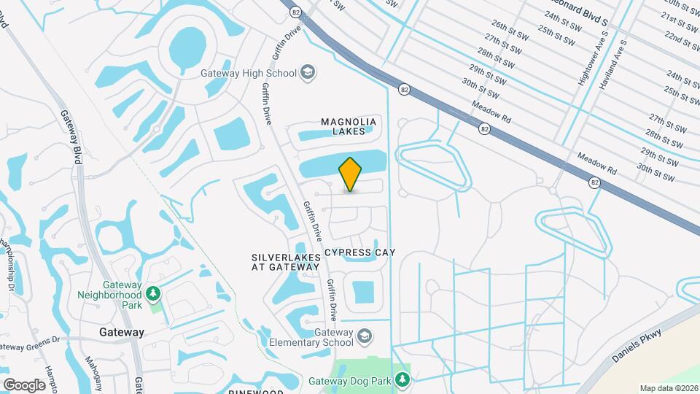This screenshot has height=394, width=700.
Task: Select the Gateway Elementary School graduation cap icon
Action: click(365, 336)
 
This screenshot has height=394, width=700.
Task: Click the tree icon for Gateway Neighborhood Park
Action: click(153, 294)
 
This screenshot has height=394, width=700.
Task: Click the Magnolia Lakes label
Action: click(349, 126)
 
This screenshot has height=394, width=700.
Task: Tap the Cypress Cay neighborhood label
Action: click(359, 252)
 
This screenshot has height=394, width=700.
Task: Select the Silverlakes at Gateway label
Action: click(286, 262)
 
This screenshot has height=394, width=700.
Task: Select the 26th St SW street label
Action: click(509, 29)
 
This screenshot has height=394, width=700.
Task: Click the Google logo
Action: click(24, 385)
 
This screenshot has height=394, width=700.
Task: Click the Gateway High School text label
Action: click(249, 73)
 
